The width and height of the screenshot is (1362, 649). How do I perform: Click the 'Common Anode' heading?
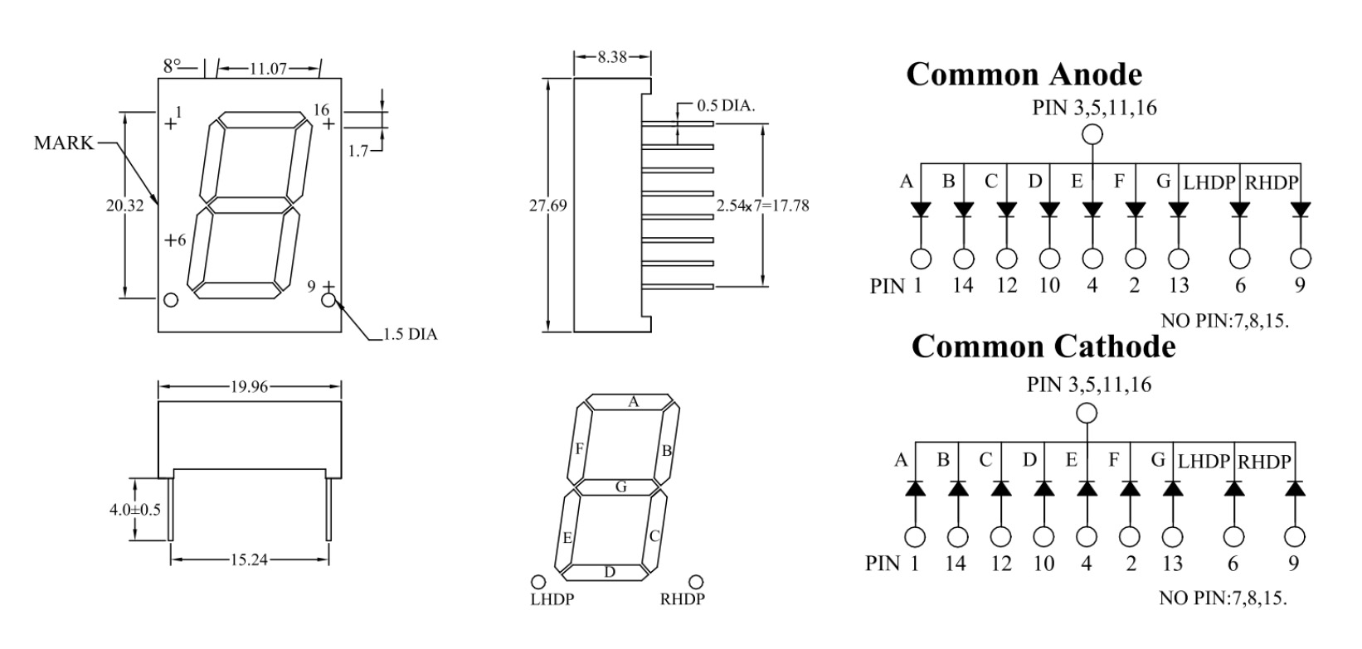click(1024, 75)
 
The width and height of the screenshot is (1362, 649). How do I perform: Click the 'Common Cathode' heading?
click(1043, 347)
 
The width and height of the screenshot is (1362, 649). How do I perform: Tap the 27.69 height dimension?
click(547, 206)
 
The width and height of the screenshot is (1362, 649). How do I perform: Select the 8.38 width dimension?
click(611, 57)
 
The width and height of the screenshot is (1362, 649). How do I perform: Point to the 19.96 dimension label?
click(250, 386)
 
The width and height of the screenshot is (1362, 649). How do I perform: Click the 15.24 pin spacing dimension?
click(250, 559)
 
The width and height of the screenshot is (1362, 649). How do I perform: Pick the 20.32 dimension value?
click(125, 206)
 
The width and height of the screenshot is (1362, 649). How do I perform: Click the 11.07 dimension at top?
click(268, 69)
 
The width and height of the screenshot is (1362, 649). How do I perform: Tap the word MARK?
click(64, 143)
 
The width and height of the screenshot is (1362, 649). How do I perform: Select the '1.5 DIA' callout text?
click(411, 334)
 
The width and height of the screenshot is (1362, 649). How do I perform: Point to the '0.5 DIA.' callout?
click(726, 106)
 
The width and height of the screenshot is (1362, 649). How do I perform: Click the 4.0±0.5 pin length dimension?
click(135, 510)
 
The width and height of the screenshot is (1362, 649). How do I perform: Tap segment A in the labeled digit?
click(632, 402)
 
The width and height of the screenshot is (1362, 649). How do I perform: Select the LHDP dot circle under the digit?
click(538, 582)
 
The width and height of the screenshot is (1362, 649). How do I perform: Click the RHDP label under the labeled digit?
click(682, 600)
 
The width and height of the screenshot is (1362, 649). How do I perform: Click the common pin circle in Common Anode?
click(1092, 134)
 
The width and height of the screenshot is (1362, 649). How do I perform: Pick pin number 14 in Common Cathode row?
click(956, 564)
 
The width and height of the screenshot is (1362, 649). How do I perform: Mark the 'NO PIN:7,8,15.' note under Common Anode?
click(1224, 321)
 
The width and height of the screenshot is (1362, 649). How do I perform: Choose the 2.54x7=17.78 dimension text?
click(762, 206)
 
